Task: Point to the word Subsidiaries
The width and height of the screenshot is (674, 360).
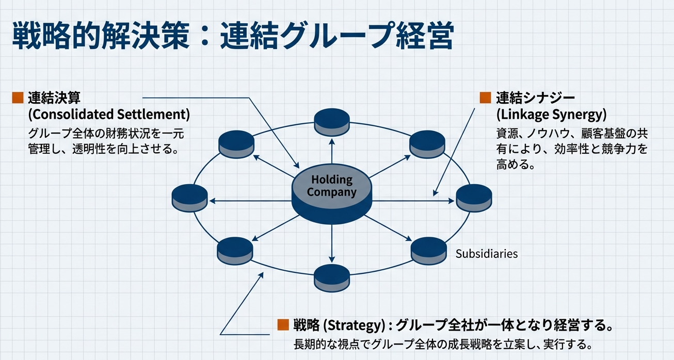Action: click(x=487, y=254)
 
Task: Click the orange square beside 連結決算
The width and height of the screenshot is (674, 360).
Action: click(x=18, y=97)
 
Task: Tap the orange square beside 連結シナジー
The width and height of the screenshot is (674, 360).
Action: click(x=485, y=97)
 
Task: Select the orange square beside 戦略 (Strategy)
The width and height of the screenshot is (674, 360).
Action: click(x=282, y=324)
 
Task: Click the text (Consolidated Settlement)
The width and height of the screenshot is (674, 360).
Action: click(x=109, y=114)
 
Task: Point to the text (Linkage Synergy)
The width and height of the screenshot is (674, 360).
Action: click(x=551, y=114)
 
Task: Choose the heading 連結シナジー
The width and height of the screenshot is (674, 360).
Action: click(x=535, y=97)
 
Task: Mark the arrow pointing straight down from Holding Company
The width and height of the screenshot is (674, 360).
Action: click(x=332, y=242)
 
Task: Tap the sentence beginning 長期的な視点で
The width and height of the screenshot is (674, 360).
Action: click(x=442, y=344)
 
